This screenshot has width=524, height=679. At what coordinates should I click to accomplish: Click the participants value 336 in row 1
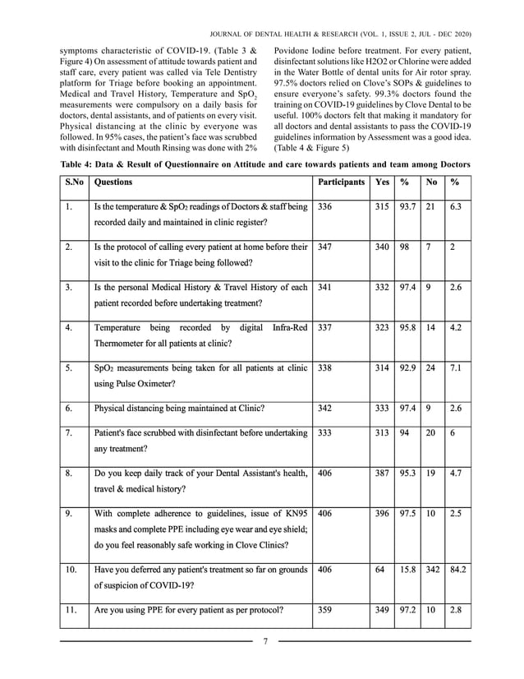tap(324, 209)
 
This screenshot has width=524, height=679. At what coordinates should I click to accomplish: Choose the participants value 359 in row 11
tap(324, 611)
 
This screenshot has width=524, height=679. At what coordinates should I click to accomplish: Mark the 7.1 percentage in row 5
tap(457, 369)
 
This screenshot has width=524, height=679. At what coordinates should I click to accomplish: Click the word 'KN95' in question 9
tap(295, 512)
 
